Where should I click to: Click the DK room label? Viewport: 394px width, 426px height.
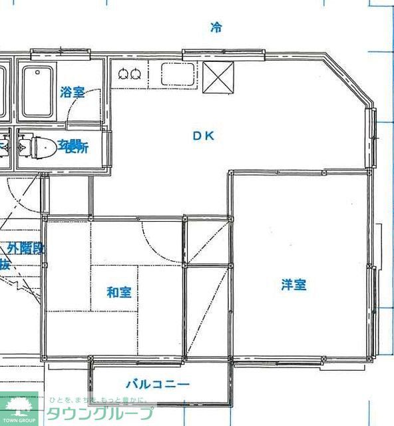[x=203, y=136]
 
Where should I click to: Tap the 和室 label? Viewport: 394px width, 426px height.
[x=119, y=292]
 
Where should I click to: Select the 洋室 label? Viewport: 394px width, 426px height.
[x=293, y=285]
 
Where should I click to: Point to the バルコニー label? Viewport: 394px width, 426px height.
[x=158, y=385]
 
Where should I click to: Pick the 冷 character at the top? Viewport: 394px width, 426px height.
[x=216, y=27]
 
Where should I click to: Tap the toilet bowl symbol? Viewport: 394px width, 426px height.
[x=44, y=146]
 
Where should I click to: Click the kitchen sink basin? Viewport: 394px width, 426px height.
[x=178, y=73]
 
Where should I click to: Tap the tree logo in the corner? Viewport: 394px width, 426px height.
[x=19, y=408]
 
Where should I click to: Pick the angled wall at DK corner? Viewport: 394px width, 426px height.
[x=349, y=81]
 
